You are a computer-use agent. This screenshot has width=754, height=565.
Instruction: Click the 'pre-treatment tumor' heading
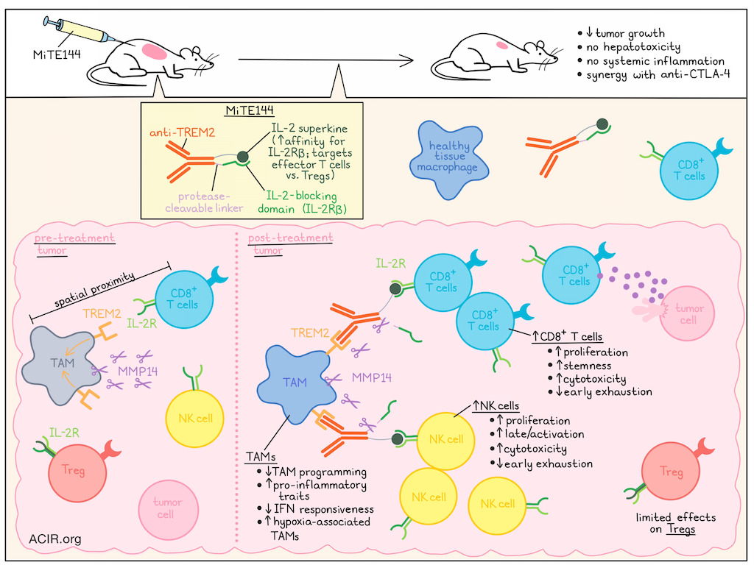[74, 244]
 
